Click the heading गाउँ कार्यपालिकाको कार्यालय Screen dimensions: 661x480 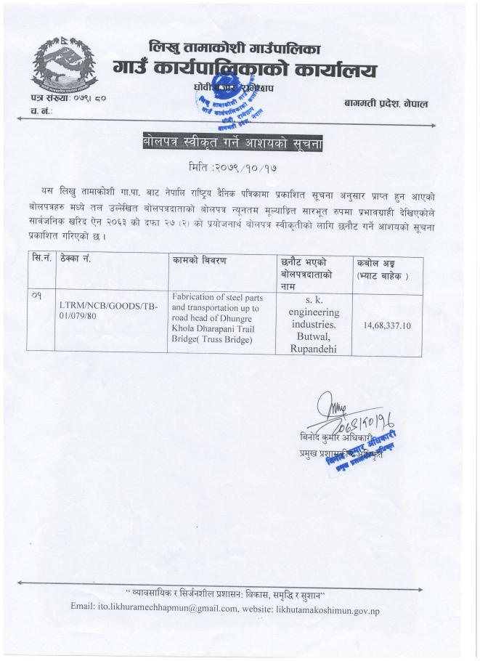pyautogui.click(x=245, y=70)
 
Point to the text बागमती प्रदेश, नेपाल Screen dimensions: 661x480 pyautogui.click(x=386, y=104)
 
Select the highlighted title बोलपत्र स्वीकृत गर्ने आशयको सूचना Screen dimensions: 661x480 pyautogui.click(x=232, y=144)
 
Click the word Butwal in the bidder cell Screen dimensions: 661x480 pyautogui.click(x=310, y=336)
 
